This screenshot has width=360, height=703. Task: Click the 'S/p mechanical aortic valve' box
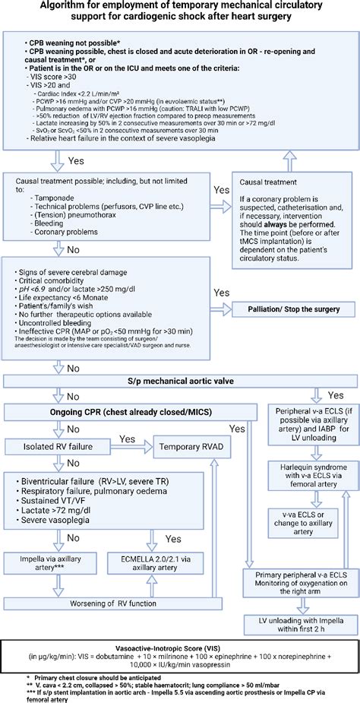coord(179,381)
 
